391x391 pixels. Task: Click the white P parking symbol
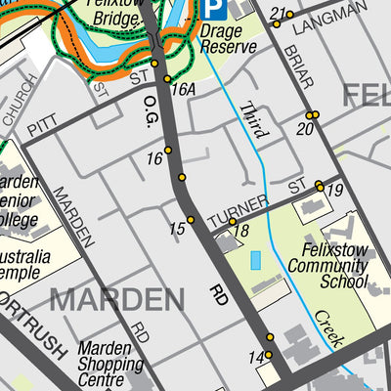tap(214, 10)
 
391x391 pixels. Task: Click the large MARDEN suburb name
tap(116, 299)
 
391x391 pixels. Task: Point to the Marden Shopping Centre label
tap(111, 364)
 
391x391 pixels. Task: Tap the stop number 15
tap(177, 229)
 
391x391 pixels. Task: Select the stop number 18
tap(241, 231)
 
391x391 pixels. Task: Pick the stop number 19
tap(335, 192)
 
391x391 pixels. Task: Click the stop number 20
tap(306, 128)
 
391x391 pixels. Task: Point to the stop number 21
tap(278, 14)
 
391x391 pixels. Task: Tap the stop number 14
tap(256, 357)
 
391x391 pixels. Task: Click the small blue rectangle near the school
tap(256, 261)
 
